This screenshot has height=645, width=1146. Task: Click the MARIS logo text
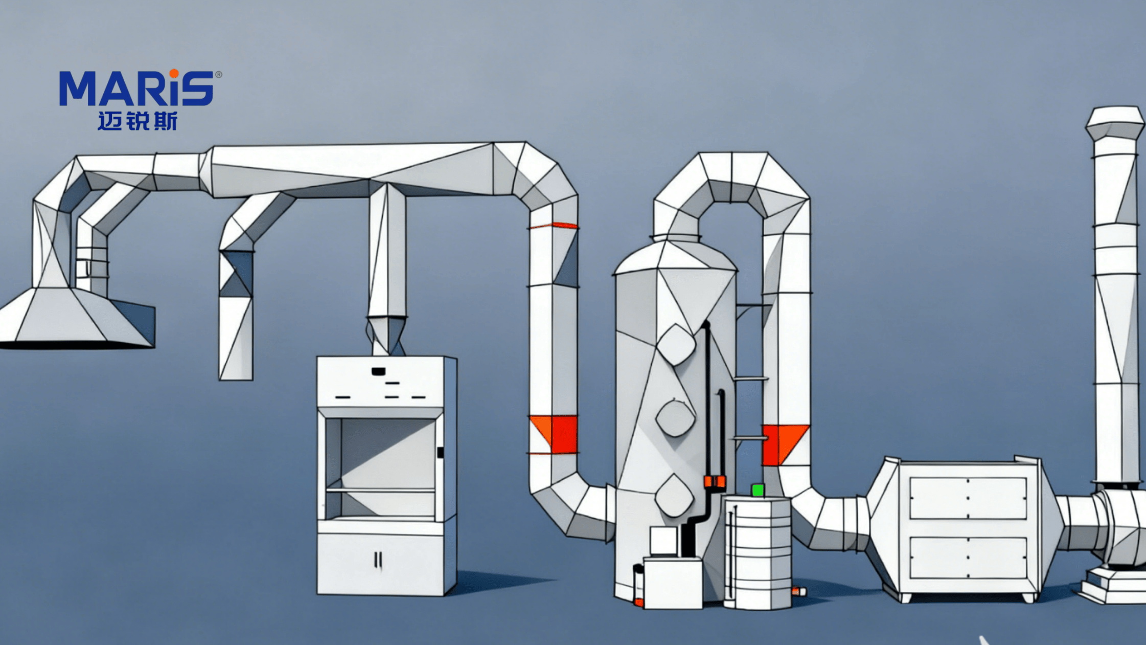coord(136,88)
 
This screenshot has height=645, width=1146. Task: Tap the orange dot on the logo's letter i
coord(174,74)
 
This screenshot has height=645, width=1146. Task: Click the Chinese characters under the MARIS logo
coord(137,121)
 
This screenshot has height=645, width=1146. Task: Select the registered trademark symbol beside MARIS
coord(219,75)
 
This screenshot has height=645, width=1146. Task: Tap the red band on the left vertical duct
coord(554,434)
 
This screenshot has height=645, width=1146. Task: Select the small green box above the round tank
coord(758,490)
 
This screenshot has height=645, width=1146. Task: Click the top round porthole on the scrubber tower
coord(676,345)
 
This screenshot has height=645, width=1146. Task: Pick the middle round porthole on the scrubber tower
coord(675,418)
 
